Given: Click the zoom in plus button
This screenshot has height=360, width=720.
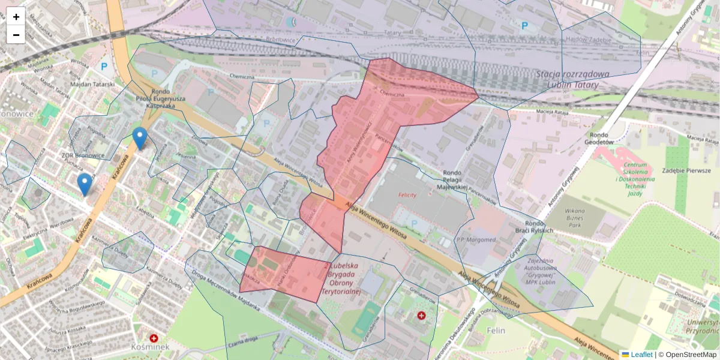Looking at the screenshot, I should (x=16, y=16).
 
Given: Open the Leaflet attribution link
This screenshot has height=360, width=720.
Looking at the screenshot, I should (x=641, y=355).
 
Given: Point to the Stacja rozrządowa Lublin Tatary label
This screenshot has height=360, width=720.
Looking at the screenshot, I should (x=572, y=79).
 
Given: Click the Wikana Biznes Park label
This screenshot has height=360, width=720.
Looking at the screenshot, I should (x=574, y=215).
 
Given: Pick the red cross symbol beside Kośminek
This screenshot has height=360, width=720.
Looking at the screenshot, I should (x=154, y=338).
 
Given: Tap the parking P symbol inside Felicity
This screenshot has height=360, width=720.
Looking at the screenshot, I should (x=413, y=223).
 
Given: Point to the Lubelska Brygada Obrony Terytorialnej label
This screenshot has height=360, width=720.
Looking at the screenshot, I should (x=340, y=278).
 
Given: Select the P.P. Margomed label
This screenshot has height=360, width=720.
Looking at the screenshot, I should (x=476, y=240).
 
